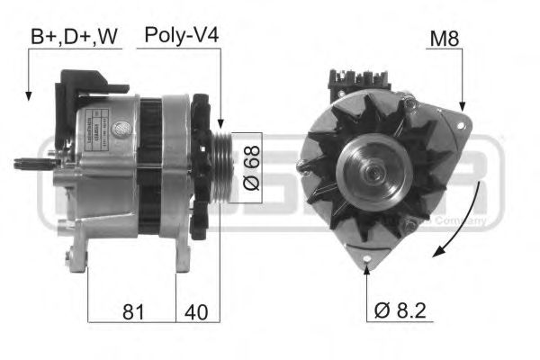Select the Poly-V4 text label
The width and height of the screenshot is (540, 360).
coord(183,36)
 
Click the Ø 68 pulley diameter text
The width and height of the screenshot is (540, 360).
coord(253,166)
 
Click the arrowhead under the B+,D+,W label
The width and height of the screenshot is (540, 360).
coord(28,94)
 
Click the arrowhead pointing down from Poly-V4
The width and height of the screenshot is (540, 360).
coord(219,122)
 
